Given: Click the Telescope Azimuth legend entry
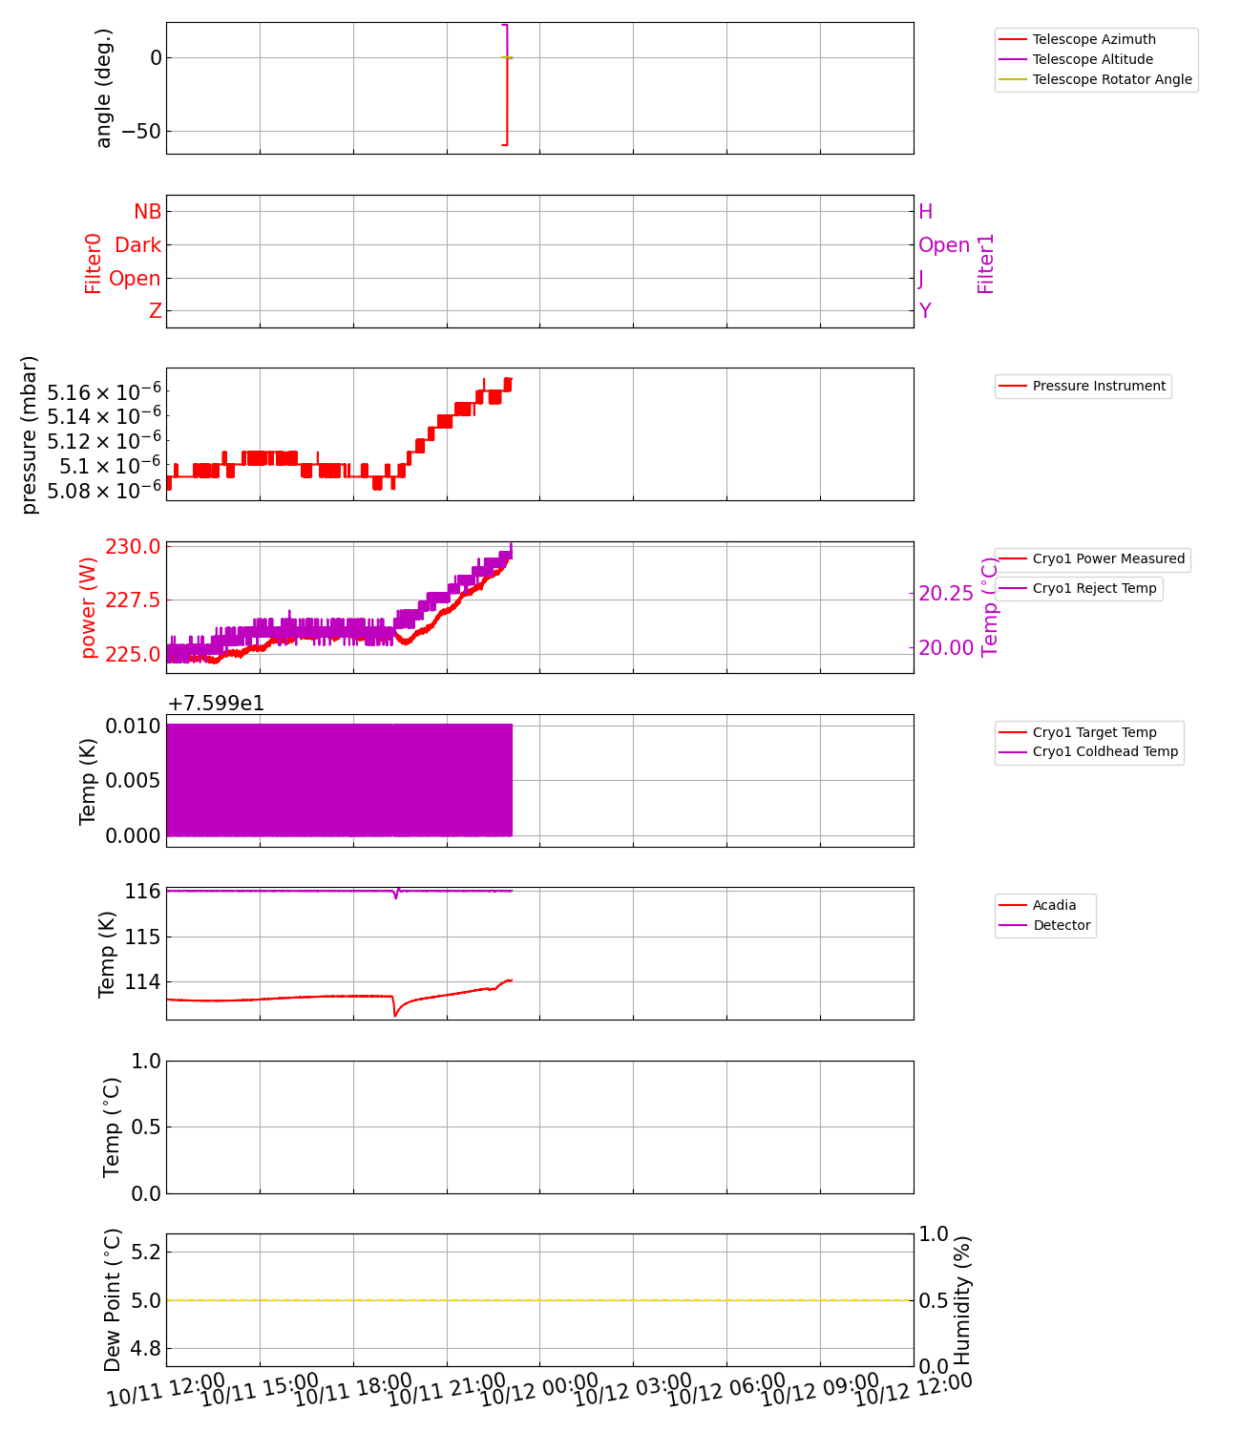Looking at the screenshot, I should (1094, 39).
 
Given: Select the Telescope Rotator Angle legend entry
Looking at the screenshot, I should (1112, 79).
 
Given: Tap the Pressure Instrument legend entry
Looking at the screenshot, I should (1099, 386).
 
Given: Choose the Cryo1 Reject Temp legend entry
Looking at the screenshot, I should (1094, 588).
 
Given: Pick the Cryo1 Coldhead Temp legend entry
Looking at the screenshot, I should (1105, 751).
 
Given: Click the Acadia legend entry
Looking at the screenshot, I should (1054, 905).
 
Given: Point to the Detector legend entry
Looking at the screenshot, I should (1062, 925).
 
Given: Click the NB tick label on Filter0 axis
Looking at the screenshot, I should (148, 212).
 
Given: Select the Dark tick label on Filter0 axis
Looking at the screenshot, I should (137, 245).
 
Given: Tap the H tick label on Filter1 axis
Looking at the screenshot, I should (925, 212).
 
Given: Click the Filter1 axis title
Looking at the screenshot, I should (986, 263).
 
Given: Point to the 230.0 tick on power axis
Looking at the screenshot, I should (135, 547).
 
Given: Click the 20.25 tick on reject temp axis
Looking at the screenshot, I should (946, 594).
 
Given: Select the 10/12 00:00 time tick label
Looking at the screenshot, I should (539, 1390).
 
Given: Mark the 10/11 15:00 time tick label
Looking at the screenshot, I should (260, 1390).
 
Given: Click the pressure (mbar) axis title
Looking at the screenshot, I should (30, 434).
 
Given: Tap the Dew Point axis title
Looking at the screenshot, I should (113, 1299).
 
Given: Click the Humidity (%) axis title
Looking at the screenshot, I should (962, 1299).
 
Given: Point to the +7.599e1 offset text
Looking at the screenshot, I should (216, 704).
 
